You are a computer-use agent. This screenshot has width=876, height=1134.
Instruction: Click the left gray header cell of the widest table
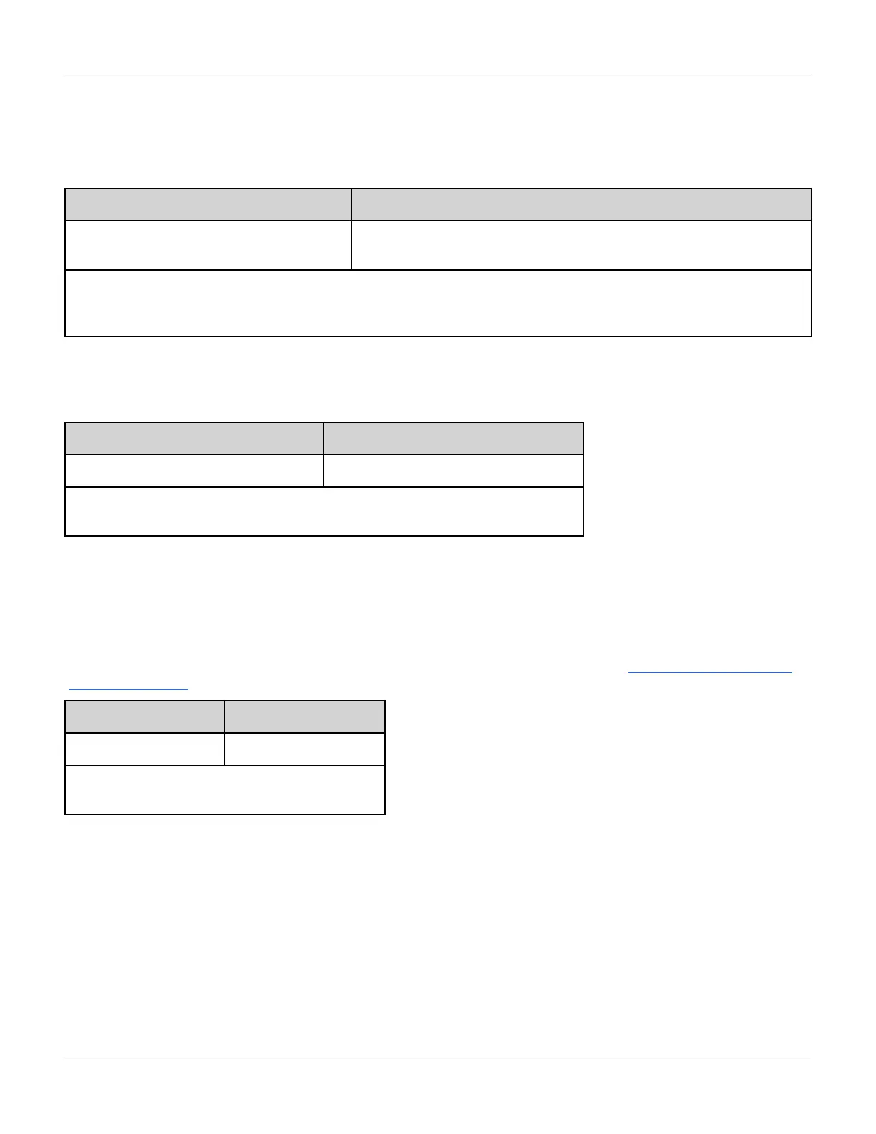point(208,205)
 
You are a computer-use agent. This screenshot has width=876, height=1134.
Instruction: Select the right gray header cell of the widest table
point(581,205)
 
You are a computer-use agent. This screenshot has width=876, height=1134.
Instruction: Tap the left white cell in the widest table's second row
point(208,245)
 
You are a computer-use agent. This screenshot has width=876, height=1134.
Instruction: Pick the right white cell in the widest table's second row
point(581,245)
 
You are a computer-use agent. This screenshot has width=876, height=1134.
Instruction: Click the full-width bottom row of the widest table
point(438,303)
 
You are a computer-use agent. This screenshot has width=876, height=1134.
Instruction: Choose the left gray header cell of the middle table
point(194,438)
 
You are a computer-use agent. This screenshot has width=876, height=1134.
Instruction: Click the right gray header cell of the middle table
point(454,438)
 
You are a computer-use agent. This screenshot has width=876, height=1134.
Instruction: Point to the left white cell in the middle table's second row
point(194,470)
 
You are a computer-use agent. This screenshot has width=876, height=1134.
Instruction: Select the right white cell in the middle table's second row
point(454,470)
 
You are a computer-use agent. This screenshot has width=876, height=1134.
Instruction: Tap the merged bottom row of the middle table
point(324,511)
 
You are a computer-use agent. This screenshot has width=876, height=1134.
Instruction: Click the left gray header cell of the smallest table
point(145,717)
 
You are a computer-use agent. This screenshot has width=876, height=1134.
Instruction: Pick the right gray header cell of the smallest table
point(305,717)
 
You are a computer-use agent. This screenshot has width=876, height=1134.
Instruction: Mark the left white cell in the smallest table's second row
point(145,749)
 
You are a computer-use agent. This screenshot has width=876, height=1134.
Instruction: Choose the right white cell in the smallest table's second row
point(305,749)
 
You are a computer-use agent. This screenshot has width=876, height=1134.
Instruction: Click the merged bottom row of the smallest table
point(225,790)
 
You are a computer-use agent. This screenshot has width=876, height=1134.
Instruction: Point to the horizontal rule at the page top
point(438,77)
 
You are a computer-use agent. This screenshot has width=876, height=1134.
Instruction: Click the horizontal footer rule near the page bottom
point(438,1057)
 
